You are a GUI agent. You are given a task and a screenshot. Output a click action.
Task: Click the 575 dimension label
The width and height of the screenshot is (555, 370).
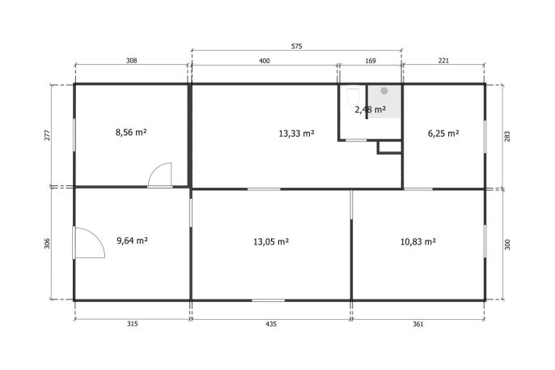pos(297,46)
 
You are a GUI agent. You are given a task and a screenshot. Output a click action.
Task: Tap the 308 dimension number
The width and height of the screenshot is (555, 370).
pos(131,61)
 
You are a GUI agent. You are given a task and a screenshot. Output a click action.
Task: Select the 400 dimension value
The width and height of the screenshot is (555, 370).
pos(264,61)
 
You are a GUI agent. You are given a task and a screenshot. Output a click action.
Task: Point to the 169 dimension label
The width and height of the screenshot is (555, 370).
pos(371,61)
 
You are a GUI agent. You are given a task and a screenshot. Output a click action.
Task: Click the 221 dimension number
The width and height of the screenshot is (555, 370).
pos(443,61)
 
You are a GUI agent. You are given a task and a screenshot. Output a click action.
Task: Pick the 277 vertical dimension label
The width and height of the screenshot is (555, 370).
pos(48,135)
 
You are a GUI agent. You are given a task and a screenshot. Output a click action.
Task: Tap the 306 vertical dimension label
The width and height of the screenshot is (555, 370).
pos(48,243)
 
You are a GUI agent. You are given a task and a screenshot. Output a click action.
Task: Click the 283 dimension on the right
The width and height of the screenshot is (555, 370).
pos(507,137)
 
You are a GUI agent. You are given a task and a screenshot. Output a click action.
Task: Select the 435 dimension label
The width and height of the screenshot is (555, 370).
pos(271,324)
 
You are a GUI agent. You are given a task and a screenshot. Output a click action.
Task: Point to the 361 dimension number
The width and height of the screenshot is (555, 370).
pos(418,324)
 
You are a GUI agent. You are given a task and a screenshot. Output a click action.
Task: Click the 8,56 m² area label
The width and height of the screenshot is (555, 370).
pos(131,133)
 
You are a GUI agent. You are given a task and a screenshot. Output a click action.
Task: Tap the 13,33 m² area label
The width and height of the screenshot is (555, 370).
pos(297,134)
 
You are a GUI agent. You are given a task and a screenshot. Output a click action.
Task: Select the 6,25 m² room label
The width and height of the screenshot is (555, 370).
pos(443,134)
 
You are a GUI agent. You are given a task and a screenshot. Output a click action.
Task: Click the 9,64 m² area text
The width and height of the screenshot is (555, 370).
pos(133,240)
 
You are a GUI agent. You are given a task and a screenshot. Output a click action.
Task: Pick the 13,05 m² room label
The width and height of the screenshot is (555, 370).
pos(271,242)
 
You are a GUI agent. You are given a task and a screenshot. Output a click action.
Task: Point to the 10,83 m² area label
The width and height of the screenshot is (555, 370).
pos(418,242)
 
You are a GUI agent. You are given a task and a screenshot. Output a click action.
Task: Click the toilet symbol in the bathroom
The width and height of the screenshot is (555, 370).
pos(353,96)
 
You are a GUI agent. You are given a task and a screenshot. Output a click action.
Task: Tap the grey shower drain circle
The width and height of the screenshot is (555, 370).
pos(384,91)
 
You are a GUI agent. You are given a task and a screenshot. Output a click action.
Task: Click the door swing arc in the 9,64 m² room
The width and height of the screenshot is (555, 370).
pos(98,236)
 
